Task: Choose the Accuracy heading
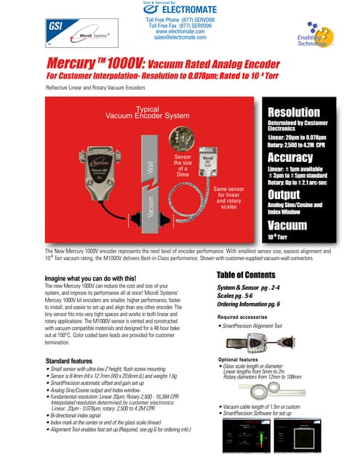point(291,158)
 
